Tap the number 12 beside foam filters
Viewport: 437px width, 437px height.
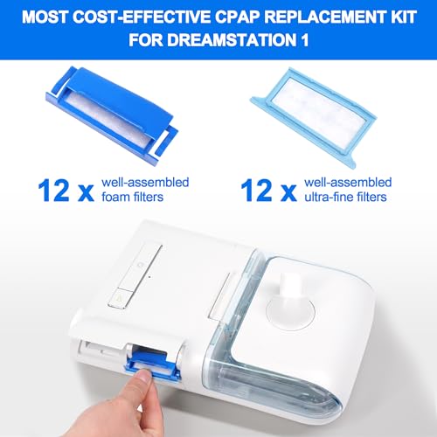51,187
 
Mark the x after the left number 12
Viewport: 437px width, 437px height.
86,190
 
